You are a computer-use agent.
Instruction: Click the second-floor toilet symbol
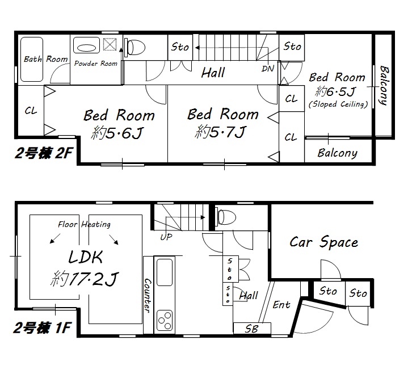[135, 47]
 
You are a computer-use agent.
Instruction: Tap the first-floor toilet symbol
[225, 217]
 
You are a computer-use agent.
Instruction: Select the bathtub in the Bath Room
[32, 60]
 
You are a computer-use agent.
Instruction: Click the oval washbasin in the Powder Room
[86, 48]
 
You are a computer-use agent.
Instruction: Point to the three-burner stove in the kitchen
[165, 320]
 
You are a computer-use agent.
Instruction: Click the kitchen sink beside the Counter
[165, 272]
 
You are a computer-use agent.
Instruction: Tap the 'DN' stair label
[268, 69]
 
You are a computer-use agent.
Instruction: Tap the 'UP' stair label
[166, 237]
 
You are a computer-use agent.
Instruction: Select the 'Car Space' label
[323, 242]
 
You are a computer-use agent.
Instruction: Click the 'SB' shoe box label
[252, 329]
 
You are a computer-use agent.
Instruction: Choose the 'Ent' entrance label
[281, 305]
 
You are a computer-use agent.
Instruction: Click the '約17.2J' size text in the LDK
[85, 279]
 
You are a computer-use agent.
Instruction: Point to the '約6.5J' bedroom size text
[335, 91]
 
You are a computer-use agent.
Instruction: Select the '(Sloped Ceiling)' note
[338, 104]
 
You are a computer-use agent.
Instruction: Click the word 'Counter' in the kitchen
[148, 296]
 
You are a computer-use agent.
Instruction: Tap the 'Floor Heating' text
[84, 224]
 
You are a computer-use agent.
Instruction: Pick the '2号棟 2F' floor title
[43, 153]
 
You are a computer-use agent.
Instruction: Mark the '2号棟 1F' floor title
[42, 328]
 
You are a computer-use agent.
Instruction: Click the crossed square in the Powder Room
[110, 44]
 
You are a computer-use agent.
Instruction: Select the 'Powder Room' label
[96, 64]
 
